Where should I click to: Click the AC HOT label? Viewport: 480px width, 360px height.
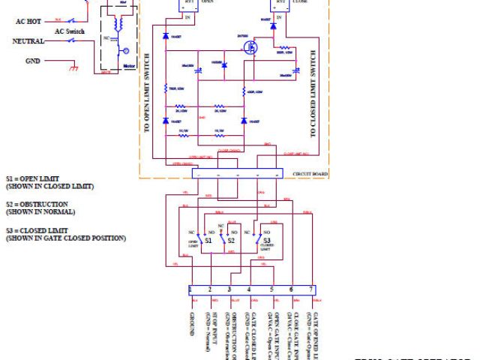(x=29, y=22)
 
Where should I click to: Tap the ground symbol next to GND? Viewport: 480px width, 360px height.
(x=73, y=68)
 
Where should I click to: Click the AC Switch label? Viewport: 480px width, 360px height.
(x=70, y=32)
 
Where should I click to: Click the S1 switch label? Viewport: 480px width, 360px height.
(x=209, y=241)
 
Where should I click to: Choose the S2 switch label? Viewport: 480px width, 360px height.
(x=232, y=241)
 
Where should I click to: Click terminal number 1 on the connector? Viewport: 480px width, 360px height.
(x=192, y=289)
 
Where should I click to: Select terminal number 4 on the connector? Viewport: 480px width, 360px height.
(x=249, y=289)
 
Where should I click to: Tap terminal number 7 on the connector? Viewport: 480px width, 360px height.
(x=310, y=289)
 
